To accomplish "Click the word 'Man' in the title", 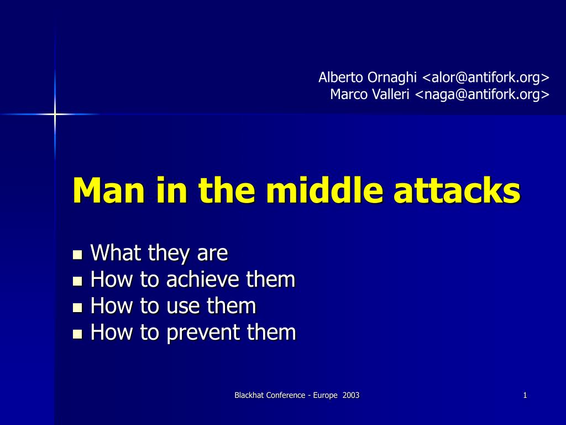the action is point(109,190).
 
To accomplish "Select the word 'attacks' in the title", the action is point(457,190).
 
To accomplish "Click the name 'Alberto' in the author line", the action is point(340,77).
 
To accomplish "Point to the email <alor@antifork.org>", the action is point(485,77).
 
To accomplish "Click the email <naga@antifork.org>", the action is point(482,95).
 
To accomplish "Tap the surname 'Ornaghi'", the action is point(392,78).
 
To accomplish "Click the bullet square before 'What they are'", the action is point(77,255).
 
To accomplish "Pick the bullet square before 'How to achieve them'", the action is point(77,281).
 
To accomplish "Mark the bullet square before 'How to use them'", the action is point(77,308).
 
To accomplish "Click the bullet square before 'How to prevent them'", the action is point(77,334).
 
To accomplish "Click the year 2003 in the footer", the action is point(351,395).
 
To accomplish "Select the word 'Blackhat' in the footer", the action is point(249,395).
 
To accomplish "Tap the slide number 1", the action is point(525,395).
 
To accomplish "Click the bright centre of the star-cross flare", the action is point(55,115).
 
